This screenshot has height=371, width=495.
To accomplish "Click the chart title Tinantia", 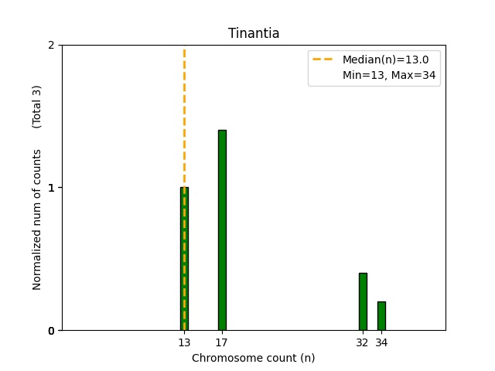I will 253,33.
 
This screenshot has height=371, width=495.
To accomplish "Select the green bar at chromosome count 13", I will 184,259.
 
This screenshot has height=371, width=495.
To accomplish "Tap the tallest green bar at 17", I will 222,230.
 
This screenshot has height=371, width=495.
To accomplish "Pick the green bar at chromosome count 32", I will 363,301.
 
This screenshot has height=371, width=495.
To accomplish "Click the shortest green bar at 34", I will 381,316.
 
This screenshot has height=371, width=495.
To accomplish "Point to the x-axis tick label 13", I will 184,342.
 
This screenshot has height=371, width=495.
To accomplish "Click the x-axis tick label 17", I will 222,342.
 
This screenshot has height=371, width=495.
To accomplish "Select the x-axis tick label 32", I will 363,342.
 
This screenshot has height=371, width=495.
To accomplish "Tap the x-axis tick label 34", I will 381,342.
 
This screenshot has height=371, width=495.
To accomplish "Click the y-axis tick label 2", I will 51,45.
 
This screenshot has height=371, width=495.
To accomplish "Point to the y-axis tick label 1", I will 51,188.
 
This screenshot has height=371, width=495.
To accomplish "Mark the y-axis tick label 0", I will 51,331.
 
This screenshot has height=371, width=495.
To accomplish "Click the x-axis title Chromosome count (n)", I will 253,358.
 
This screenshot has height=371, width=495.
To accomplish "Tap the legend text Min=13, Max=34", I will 391,75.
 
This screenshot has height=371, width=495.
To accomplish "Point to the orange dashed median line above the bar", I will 184,116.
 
